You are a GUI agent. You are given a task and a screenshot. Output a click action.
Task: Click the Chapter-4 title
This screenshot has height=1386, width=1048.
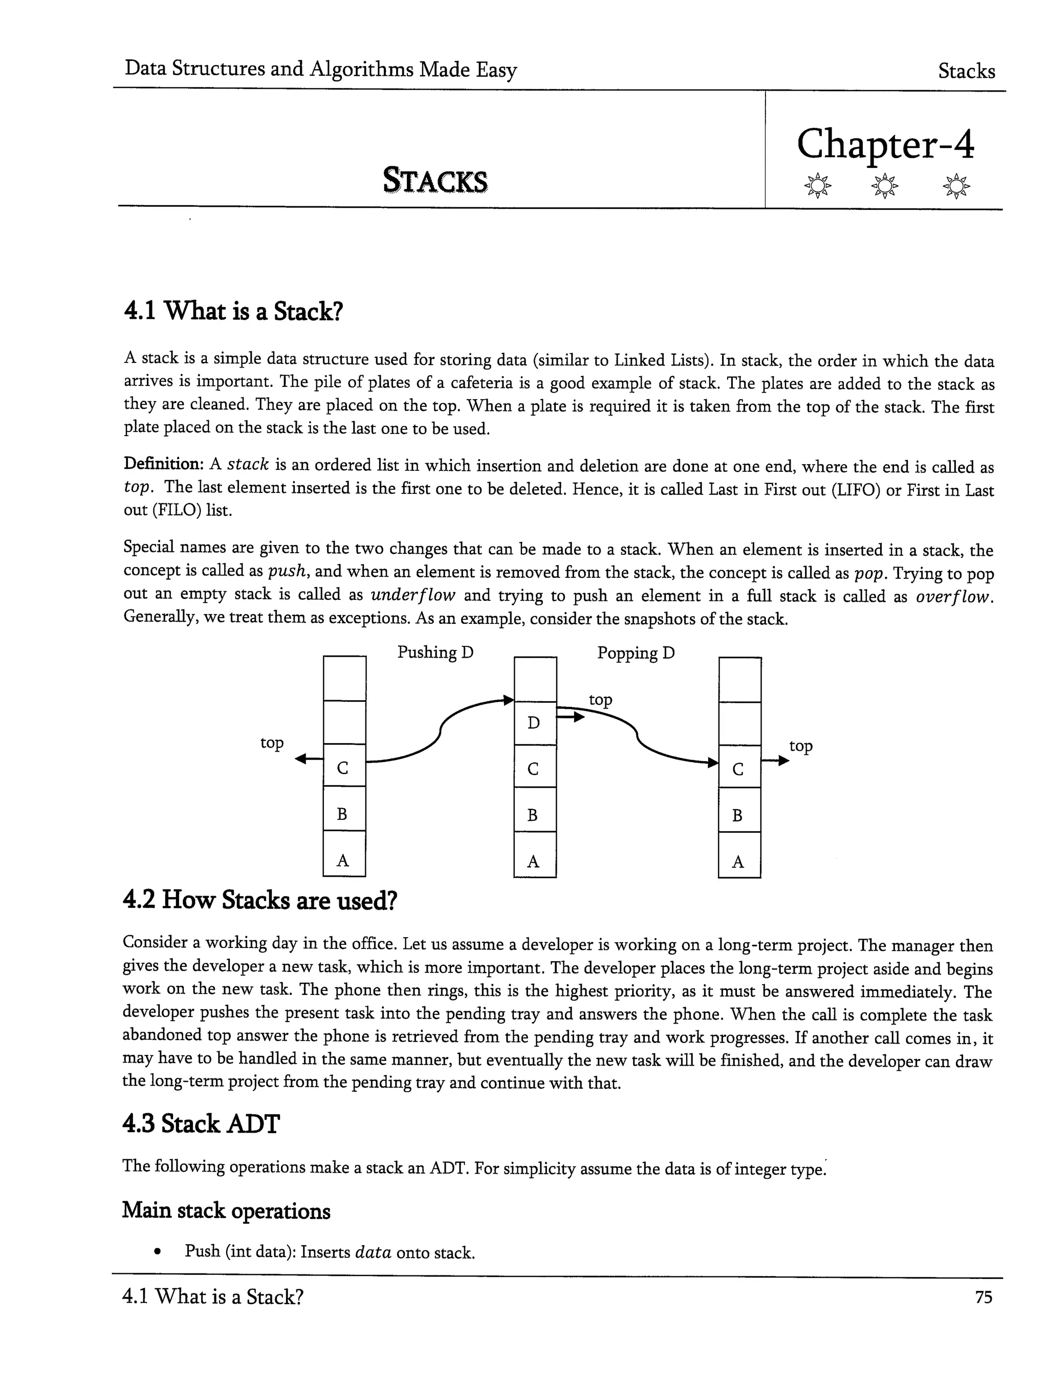point(885,145)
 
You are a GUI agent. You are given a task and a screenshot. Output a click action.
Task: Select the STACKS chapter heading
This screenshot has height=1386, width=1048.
point(435,181)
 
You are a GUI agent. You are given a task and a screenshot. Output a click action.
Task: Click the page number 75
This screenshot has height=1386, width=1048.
point(984,1297)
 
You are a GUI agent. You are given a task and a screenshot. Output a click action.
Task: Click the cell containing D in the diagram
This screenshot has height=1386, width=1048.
point(534,723)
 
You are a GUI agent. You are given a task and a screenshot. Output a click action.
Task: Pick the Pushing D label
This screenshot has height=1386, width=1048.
point(435,653)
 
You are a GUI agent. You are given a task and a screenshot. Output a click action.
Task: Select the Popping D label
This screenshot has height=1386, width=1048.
point(636,654)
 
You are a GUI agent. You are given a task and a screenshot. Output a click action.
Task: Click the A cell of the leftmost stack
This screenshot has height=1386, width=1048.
point(343,861)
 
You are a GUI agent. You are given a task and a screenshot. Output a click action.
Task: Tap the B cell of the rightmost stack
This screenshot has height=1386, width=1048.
point(738,816)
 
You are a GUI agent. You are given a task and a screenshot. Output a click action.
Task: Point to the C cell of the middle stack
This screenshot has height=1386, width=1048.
point(534,769)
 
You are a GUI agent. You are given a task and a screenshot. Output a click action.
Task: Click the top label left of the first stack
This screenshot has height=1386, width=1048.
point(272,743)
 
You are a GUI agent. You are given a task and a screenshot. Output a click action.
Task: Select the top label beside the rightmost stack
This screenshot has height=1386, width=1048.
point(800,746)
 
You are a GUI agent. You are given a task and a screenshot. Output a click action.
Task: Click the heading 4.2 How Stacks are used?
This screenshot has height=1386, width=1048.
point(260,900)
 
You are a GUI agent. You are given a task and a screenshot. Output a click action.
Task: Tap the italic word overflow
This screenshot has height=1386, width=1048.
point(953,596)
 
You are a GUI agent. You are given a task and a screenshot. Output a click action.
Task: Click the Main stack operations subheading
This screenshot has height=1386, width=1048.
point(226,1210)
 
